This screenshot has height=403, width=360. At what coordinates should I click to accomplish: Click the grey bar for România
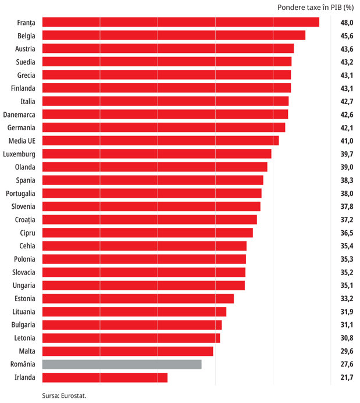pyautogui.click(x=122, y=364)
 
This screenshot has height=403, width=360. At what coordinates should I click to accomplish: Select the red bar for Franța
pyautogui.click(x=181, y=22)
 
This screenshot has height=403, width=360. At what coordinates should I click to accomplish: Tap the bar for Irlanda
pyautogui.click(x=105, y=377)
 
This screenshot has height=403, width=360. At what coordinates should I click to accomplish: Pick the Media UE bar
pyautogui.click(x=161, y=141)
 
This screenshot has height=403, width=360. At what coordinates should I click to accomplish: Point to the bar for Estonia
pyautogui.click(x=138, y=298)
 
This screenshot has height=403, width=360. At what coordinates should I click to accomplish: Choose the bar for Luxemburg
pyautogui.click(x=157, y=154)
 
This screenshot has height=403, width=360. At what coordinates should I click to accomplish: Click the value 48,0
pyautogui.click(x=347, y=23)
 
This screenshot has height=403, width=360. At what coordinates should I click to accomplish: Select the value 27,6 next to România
pyautogui.click(x=347, y=364)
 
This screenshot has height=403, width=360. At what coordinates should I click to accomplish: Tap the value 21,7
pyautogui.click(x=347, y=377)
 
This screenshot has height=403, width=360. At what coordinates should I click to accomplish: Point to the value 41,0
pyautogui.click(x=347, y=141)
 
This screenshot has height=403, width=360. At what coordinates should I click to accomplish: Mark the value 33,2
pyautogui.click(x=347, y=298)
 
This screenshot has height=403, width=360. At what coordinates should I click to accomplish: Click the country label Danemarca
pyautogui.click(x=19, y=115)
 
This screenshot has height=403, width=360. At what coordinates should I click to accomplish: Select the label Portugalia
pyautogui.click(x=20, y=194)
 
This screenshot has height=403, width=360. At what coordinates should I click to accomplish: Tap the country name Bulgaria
pyautogui.click(x=23, y=325)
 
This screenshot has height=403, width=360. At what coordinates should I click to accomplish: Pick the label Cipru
pyautogui.click(x=27, y=233)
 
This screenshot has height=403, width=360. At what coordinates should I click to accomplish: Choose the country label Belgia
pyautogui.click(x=26, y=36)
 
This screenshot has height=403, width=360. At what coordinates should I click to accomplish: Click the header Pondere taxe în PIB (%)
pyautogui.click(x=316, y=8)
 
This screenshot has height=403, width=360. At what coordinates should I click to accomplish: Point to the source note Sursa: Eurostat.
pyautogui.click(x=64, y=395)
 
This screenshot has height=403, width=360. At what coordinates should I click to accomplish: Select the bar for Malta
pyautogui.click(x=128, y=351)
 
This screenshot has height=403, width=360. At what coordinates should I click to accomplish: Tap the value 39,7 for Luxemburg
pyautogui.click(x=347, y=154)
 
